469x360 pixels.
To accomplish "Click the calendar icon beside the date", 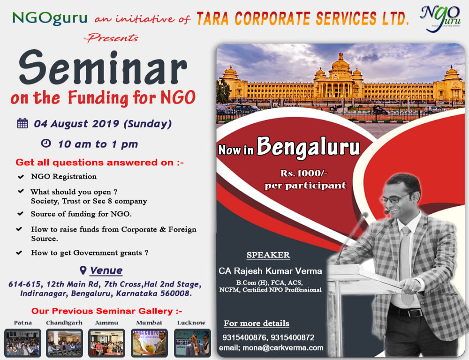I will pyautogui.click(x=22, y=124).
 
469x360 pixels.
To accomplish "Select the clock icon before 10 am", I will pyautogui.click(x=46, y=143).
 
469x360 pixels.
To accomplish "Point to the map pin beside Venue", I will pyautogui.click(x=83, y=270).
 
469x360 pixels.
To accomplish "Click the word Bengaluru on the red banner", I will pyautogui.click(x=308, y=147).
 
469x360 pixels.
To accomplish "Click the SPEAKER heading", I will pyautogui.click(x=268, y=255).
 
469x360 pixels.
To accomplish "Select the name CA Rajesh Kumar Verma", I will pyautogui.click(x=270, y=271).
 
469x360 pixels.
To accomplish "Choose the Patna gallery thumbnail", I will pyautogui.click(x=23, y=343).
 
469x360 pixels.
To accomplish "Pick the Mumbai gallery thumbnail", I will pyautogui.click(x=149, y=343).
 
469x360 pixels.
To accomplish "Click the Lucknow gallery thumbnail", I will pyautogui.click(x=192, y=343).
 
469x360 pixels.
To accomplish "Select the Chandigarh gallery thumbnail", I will pyautogui.click(x=65, y=343).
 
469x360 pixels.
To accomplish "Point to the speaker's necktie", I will pyautogui.click(x=406, y=262).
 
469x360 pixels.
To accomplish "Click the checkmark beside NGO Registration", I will pyautogui.click(x=21, y=177).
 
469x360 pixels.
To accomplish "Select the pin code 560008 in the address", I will pyautogui.click(x=175, y=293).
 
